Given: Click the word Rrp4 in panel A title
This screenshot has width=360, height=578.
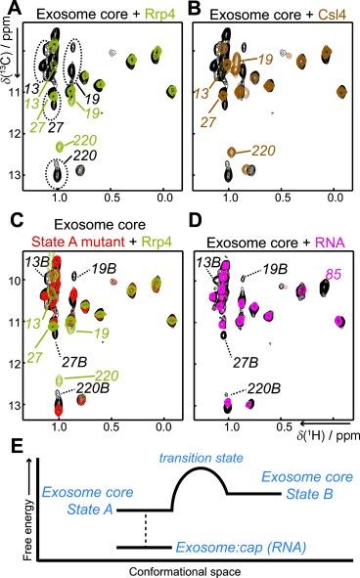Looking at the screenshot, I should [151, 12].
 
